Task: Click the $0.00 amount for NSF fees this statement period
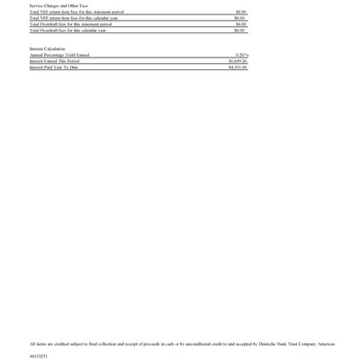click(x=240, y=12)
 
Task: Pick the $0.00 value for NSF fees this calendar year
click(x=240, y=18)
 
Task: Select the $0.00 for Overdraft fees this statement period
click(x=240, y=24)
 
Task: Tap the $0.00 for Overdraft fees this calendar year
click(x=240, y=31)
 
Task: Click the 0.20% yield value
click(x=241, y=55)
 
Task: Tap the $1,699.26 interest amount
click(x=238, y=61)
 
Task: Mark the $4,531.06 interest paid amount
click(x=238, y=67)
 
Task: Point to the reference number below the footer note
click(x=39, y=356)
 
